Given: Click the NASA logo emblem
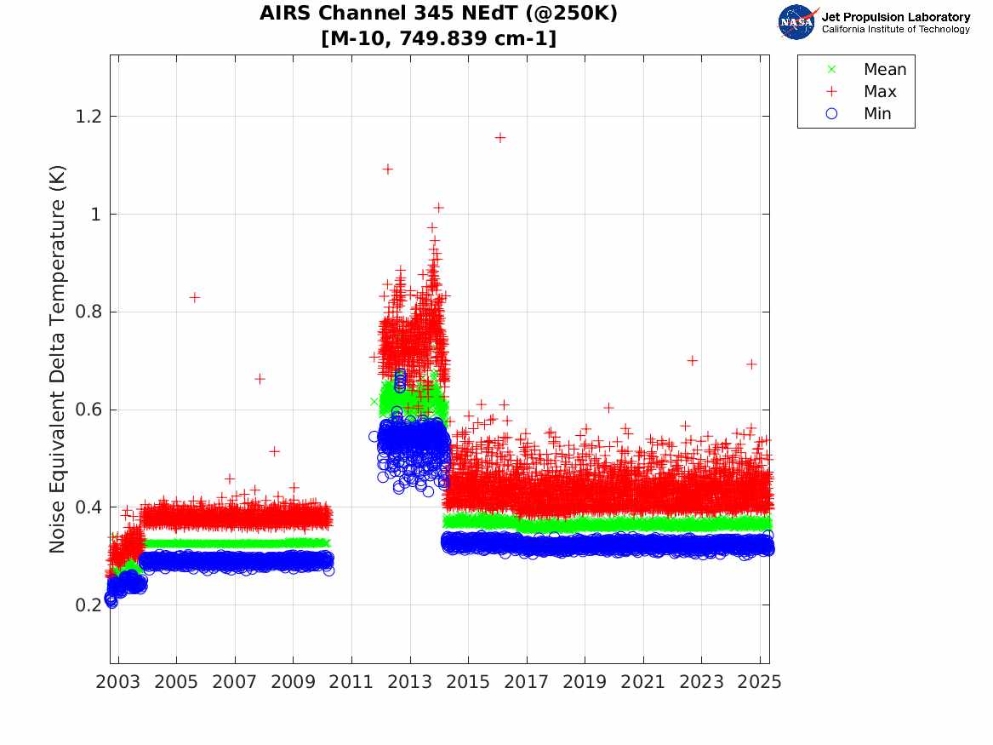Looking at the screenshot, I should point(796,22).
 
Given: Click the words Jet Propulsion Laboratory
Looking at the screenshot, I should point(895,17).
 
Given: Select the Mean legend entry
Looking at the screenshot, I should point(884,70).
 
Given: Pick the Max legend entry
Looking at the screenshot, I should point(879,91).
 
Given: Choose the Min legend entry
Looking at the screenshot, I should point(877,113).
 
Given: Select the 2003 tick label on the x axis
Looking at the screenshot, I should point(118,682).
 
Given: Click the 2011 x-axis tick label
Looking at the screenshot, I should point(351,682).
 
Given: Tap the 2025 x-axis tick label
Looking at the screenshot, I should point(760,682).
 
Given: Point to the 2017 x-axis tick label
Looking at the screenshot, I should point(527,682).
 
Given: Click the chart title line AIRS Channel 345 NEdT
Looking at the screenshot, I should point(439,14).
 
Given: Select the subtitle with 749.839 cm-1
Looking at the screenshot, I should point(439,38).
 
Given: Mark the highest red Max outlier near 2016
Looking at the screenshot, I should point(500,137).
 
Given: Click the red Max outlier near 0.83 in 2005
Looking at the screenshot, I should point(195,297).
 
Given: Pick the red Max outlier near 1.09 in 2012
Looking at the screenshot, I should point(387,169).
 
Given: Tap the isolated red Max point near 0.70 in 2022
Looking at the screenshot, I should point(693,360).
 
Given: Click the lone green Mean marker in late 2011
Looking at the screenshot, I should point(374,401).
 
